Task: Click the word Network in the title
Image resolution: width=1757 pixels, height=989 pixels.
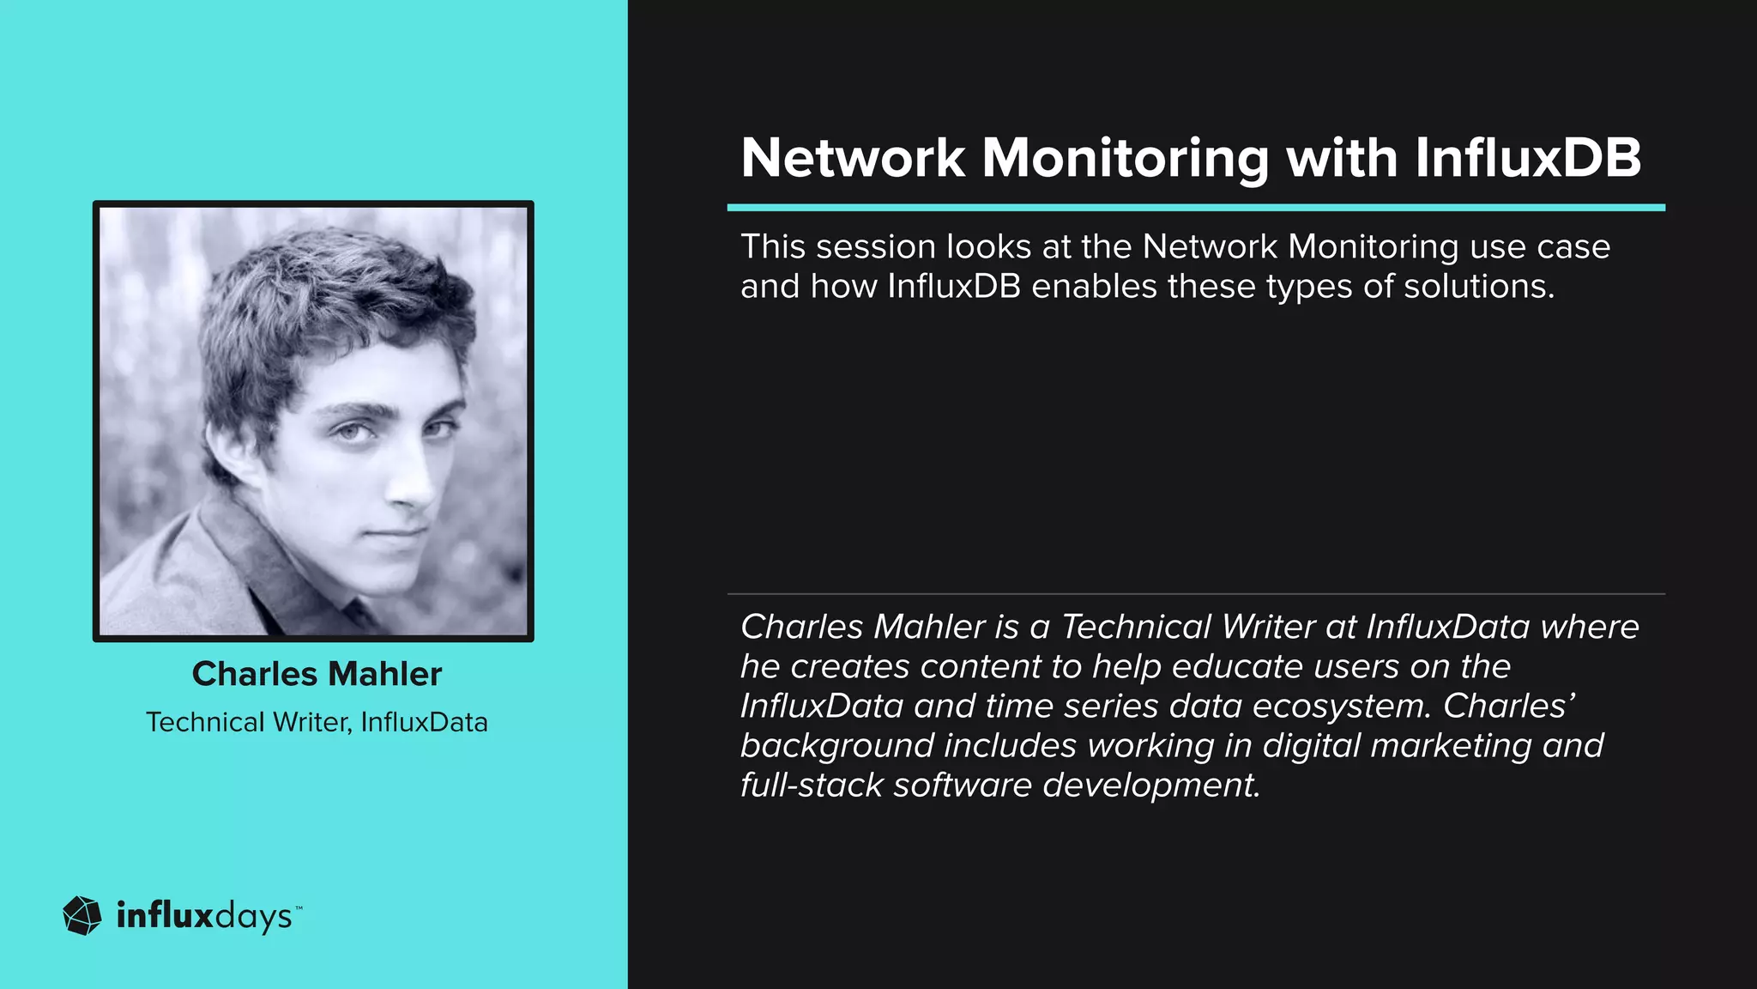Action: [853, 158]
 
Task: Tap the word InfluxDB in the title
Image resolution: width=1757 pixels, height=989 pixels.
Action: [1527, 158]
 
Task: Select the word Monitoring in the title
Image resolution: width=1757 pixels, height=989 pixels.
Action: [1124, 160]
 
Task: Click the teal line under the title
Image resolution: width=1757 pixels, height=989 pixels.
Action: [1196, 208]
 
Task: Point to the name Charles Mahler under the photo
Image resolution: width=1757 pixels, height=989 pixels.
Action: [317, 674]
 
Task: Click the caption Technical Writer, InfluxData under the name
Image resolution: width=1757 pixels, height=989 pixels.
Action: [317, 722]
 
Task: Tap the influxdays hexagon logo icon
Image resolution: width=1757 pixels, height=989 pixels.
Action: [82, 916]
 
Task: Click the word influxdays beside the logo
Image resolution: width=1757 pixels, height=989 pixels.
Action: [204, 916]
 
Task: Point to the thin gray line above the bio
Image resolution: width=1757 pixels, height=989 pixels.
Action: [1196, 593]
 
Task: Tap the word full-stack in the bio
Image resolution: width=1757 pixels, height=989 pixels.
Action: [811, 786]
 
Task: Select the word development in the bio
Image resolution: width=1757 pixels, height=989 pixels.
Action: [1150, 786]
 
